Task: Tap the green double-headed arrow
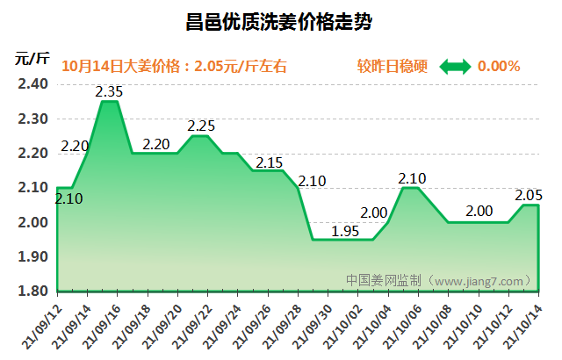[x=455, y=66]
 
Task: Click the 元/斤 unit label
[x=32, y=59]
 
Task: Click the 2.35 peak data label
[x=109, y=90]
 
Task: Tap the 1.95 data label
[x=345, y=231]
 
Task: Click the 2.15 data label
[x=269, y=162]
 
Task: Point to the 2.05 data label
[x=527, y=195]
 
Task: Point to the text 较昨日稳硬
[x=393, y=66]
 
